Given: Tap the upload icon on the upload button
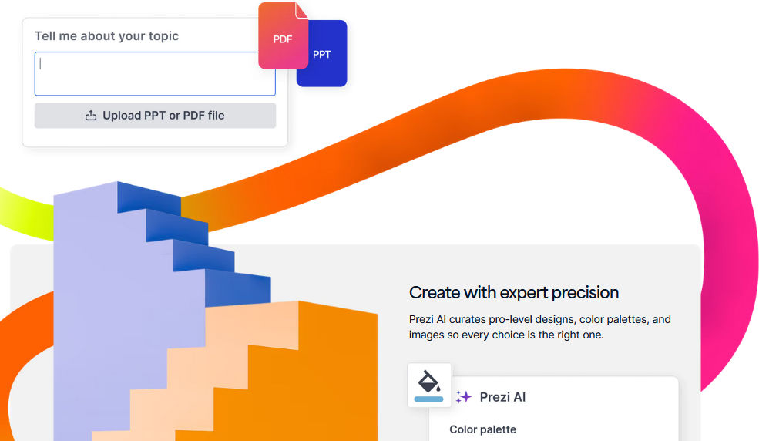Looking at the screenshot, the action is coord(91,116).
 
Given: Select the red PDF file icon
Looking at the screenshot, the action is coord(283,35).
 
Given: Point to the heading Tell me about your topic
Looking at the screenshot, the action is coord(106,35).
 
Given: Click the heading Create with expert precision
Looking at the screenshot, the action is coord(514,292).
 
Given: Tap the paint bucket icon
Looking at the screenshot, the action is coord(429,382).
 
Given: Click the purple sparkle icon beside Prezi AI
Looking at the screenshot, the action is coord(464,397).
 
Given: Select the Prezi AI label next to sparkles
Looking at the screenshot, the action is coord(502,397).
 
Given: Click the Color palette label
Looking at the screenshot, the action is coord(482,429).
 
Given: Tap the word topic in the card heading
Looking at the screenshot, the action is coord(163,36).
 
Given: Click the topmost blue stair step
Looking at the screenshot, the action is coord(149,197).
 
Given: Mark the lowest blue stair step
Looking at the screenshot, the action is coord(237,288).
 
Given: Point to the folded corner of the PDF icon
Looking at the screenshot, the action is coord(301,10).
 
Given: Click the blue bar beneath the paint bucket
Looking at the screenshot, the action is coord(429,399).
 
